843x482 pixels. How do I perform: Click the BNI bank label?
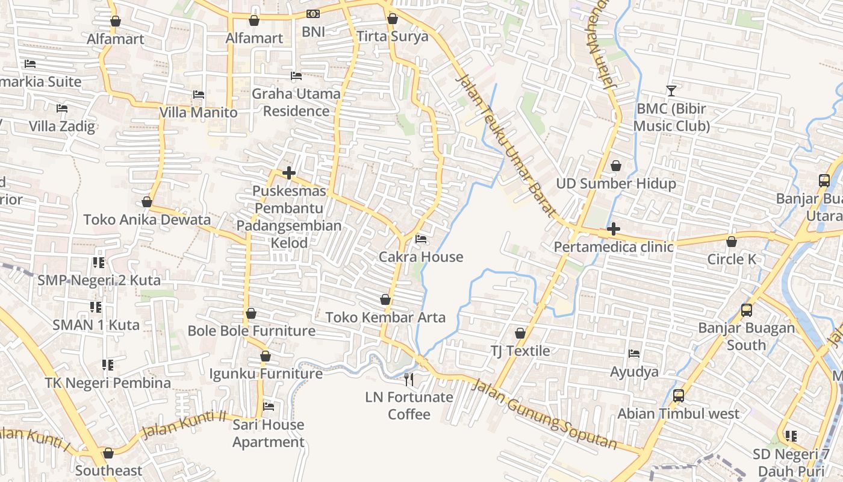(313, 31)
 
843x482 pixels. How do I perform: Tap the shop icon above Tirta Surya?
(393, 19)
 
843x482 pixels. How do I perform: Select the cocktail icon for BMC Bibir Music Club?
(671, 91)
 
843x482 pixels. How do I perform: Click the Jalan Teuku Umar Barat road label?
(505, 145)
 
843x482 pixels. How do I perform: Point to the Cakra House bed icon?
(421, 240)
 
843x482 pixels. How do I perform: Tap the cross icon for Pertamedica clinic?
(614, 229)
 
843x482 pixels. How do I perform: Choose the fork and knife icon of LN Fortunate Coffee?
(409, 379)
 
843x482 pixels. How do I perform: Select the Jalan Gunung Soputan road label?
(544, 415)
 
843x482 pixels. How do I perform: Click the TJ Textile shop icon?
(520, 333)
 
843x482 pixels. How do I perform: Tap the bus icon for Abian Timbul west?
(679, 396)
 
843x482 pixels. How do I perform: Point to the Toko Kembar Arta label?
(385, 318)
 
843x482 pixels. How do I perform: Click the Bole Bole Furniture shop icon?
(251, 313)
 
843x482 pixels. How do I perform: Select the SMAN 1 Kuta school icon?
(96, 307)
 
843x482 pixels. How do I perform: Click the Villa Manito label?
(198, 113)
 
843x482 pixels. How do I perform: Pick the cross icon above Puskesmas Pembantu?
(289, 174)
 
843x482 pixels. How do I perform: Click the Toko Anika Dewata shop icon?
(147, 202)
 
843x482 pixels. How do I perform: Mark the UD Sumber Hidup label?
(615, 184)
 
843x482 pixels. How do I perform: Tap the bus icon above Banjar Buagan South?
(747, 310)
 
